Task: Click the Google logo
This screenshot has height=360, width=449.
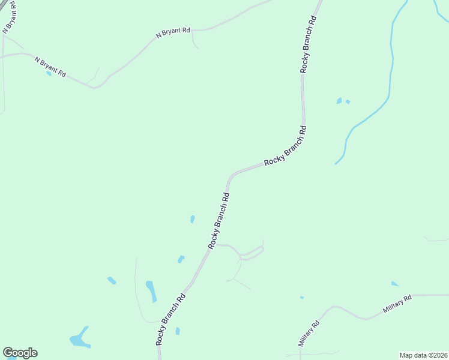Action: click(x=20, y=353)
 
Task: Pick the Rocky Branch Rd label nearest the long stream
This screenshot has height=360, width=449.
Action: click(x=286, y=146)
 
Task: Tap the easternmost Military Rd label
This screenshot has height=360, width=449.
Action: click(x=397, y=305)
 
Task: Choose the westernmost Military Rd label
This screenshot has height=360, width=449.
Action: click(x=309, y=334)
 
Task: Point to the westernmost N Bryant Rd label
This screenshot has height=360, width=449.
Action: click(x=50, y=66)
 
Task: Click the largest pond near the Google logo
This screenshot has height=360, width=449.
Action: click(x=79, y=340)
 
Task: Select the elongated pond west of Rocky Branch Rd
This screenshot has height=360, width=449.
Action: click(x=151, y=291)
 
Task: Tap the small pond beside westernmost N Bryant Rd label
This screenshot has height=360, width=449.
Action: click(x=49, y=73)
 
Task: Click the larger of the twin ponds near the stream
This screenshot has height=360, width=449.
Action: click(x=339, y=101)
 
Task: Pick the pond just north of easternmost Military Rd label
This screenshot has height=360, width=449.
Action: click(x=394, y=283)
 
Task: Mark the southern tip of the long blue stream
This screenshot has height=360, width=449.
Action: click(x=336, y=163)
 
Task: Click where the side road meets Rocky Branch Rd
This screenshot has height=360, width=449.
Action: click(x=214, y=244)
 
